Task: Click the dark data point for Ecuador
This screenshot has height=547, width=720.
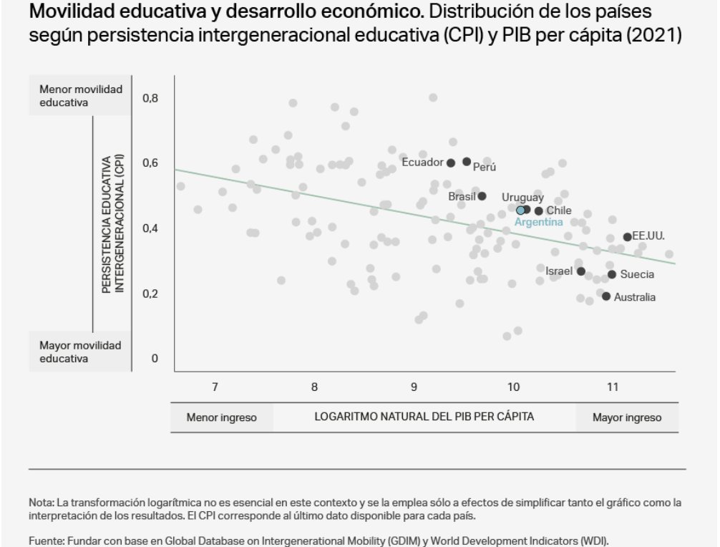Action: (451, 163)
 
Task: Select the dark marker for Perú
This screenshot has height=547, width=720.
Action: (467, 162)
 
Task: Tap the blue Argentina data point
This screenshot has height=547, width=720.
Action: (520, 210)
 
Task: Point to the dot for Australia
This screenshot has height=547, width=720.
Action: (606, 296)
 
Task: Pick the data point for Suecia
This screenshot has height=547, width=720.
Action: (612, 274)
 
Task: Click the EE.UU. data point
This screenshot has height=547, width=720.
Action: (627, 237)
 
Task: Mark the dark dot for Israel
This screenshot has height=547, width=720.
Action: (581, 271)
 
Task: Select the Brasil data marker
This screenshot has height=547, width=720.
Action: (482, 196)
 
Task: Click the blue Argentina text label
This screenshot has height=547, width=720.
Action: (539, 223)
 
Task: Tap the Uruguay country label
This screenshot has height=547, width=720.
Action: (522, 197)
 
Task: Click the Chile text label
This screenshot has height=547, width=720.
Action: (559, 210)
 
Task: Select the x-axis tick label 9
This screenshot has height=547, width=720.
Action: (414, 387)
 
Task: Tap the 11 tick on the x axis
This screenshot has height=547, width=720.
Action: (612, 387)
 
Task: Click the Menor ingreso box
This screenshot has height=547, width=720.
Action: (221, 417)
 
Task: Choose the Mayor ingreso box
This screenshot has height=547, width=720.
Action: (627, 417)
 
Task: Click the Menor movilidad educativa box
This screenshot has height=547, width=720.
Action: (81, 96)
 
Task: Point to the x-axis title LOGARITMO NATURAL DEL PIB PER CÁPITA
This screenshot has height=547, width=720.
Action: (424, 417)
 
